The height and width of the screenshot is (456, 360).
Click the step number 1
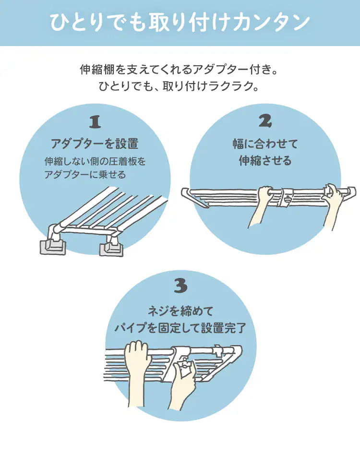tap(95, 122)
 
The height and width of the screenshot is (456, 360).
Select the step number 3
tap(180, 286)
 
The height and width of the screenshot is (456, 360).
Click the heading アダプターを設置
tap(95, 144)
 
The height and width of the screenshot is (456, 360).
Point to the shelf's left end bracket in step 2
tap(195, 197)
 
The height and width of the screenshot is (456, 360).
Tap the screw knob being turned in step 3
tap(183, 368)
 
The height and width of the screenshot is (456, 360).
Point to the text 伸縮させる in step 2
tap(265, 160)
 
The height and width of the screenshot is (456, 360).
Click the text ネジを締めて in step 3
tap(180, 312)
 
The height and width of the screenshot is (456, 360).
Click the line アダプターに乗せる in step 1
tap(85, 175)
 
